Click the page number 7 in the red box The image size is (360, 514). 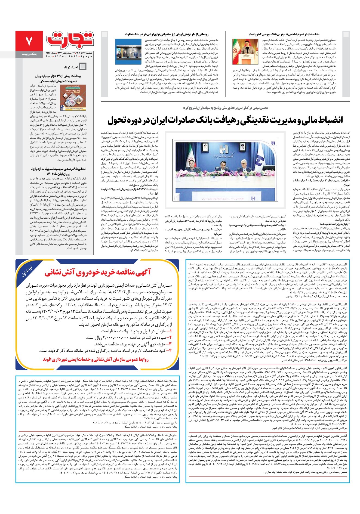click(29, 41)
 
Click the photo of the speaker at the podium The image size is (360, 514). click(244, 52)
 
